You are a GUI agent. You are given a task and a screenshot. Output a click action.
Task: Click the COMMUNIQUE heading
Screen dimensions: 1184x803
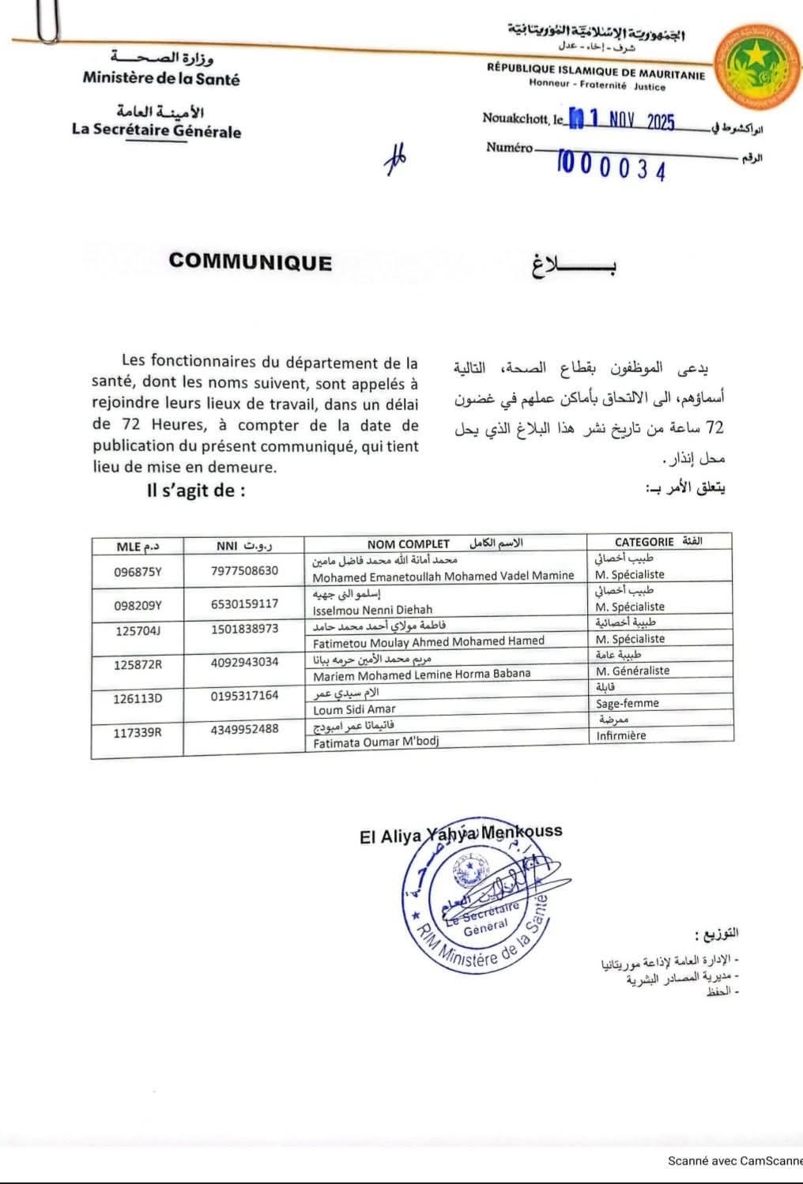(x=250, y=262)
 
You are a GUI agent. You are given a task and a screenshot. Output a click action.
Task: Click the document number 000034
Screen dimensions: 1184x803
(x=613, y=168)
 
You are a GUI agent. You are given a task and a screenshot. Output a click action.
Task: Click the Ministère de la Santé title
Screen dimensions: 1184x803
(x=160, y=79)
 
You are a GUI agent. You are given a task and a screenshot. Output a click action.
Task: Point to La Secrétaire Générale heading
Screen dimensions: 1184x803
(x=156, y=130)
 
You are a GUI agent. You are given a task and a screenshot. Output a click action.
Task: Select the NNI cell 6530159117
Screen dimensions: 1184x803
(x=244, y=604)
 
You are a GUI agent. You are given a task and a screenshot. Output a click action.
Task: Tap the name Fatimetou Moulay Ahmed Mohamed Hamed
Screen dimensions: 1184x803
(x=428, y=641)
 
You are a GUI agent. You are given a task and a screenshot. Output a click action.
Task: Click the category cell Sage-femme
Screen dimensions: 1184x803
(x=627, y=703)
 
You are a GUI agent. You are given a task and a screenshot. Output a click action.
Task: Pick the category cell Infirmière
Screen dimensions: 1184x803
(x=620, y=735)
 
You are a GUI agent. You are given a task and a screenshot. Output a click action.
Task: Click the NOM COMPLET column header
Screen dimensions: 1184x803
(x=408, y=543)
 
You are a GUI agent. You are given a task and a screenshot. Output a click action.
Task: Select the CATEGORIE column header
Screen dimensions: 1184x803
(x=644, y=542)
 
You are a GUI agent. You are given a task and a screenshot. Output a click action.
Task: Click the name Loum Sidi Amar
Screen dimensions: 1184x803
(x=354, y=709)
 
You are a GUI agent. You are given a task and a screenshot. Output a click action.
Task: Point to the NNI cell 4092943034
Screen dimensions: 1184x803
(x=244, y=662)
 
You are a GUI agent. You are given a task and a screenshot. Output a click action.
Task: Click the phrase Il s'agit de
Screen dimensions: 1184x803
(x=196, y=491)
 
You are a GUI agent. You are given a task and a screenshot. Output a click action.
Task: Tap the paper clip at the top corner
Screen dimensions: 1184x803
(x=47, y=21)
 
